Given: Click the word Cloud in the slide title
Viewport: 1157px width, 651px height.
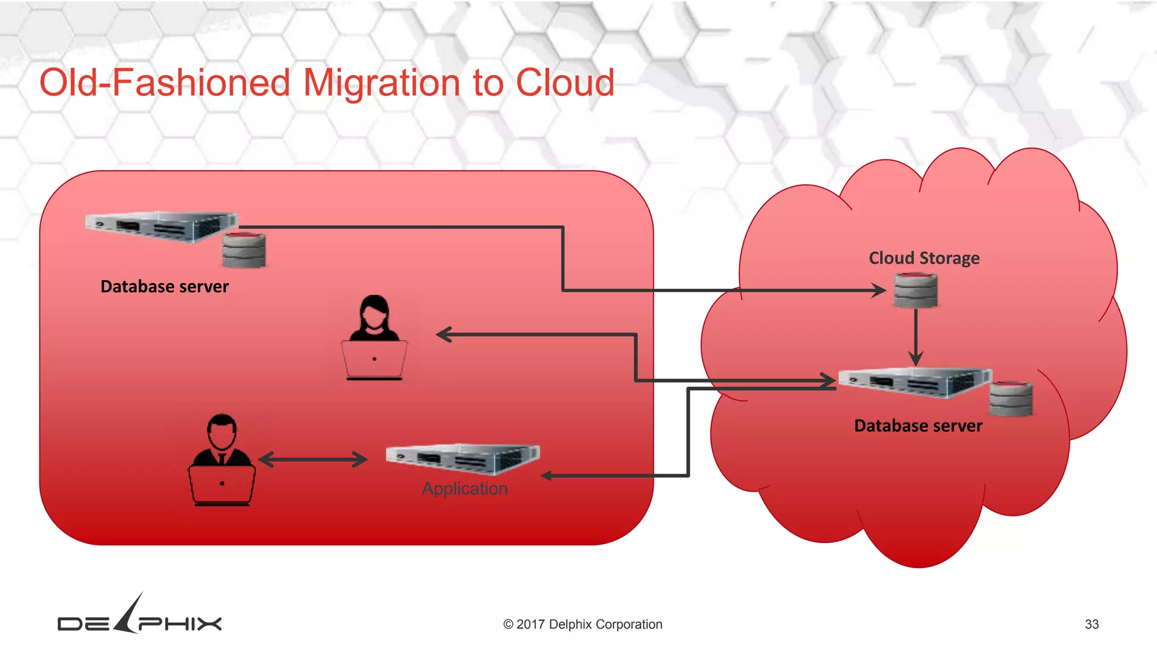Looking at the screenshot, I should [564, 83].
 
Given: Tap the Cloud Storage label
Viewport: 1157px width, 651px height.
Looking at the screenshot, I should [924, 258].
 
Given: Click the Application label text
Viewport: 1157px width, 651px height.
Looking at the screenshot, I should [464, 488].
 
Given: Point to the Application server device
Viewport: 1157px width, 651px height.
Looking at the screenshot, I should [463, 458].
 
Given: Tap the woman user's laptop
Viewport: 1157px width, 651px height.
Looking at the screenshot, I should [374, 359].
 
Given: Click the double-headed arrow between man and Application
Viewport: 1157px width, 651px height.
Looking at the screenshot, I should [313, 459].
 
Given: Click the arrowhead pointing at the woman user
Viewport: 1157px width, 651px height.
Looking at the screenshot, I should [444, 335].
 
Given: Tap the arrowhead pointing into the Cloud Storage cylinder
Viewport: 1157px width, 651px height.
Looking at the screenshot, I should [879, 290].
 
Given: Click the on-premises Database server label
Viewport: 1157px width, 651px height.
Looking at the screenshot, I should [164, 287].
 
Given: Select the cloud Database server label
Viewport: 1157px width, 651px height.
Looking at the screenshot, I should [918, 426].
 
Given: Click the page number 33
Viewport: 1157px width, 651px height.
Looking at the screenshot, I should [1091, 624].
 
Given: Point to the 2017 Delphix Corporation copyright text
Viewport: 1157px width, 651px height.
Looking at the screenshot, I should [582, 624].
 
